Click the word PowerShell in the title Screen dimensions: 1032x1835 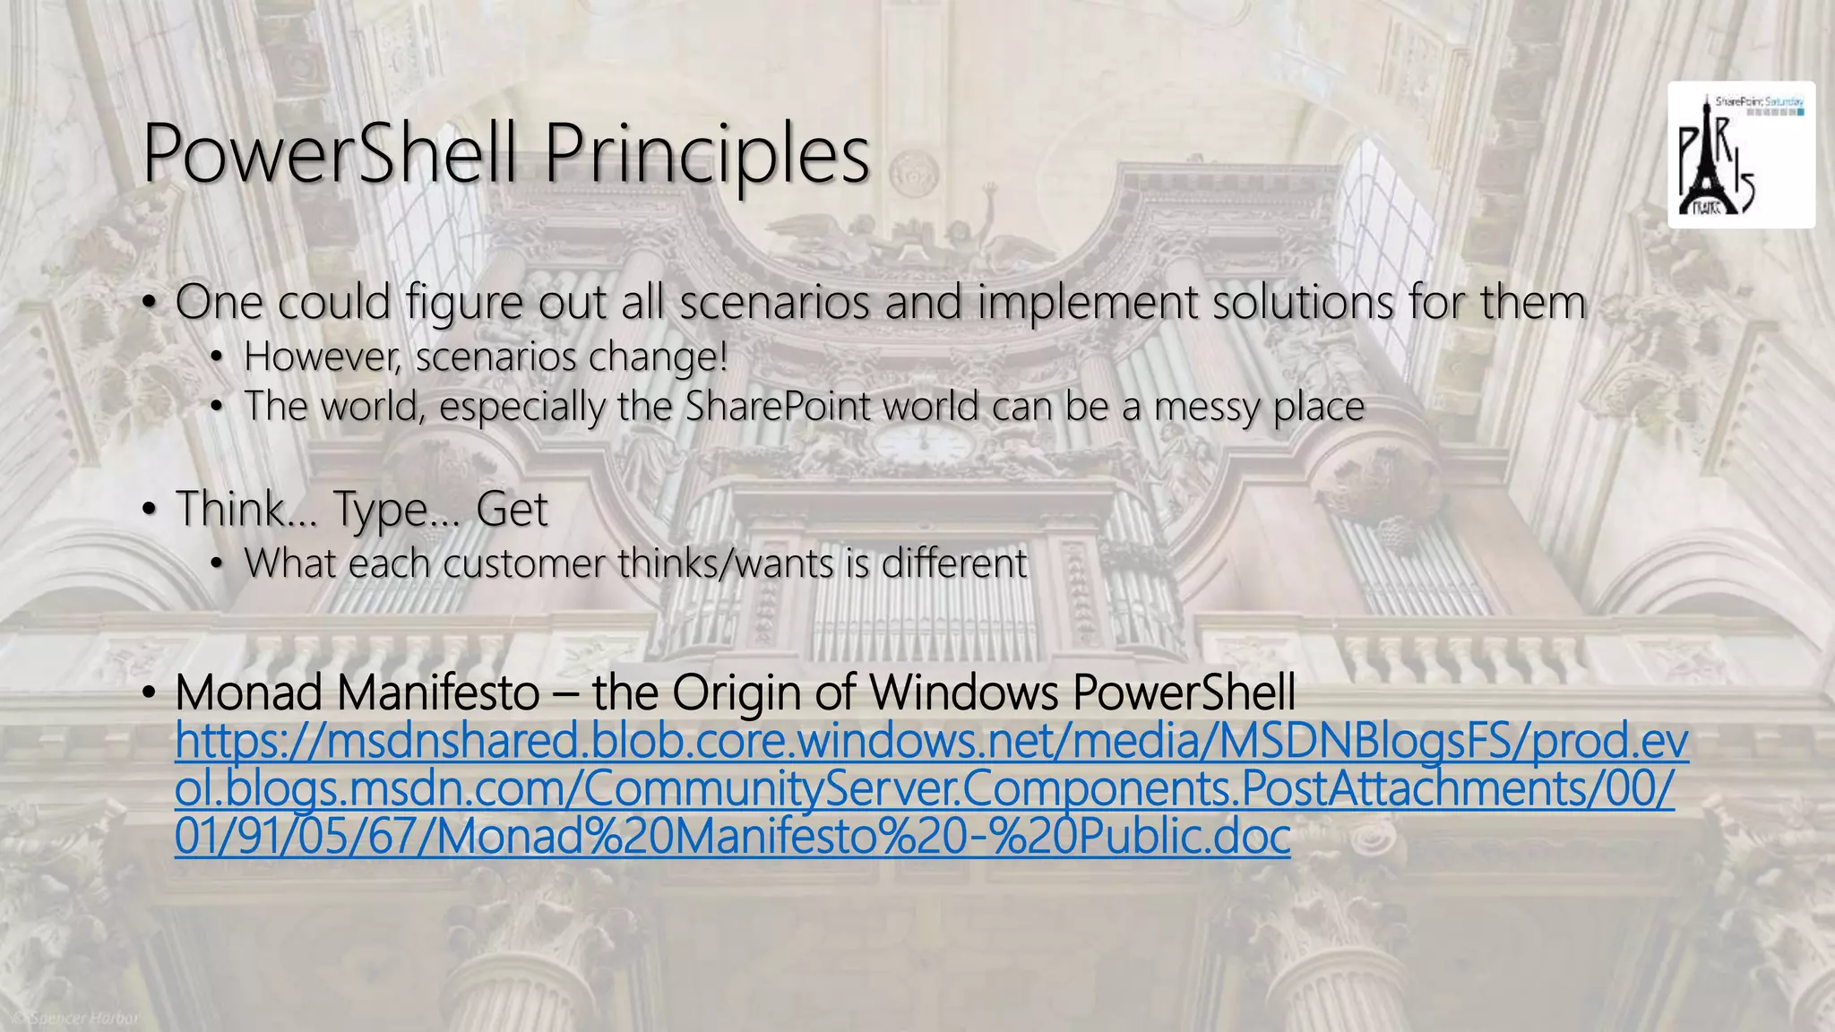click(328, 154)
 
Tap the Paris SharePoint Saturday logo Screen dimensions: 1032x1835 click(1740, 154)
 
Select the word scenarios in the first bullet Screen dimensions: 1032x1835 click(775, 302)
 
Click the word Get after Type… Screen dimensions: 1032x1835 click(512, 509)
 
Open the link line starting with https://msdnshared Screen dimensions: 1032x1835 click(932, 742)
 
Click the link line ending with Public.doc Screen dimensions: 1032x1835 click(732, 837)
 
